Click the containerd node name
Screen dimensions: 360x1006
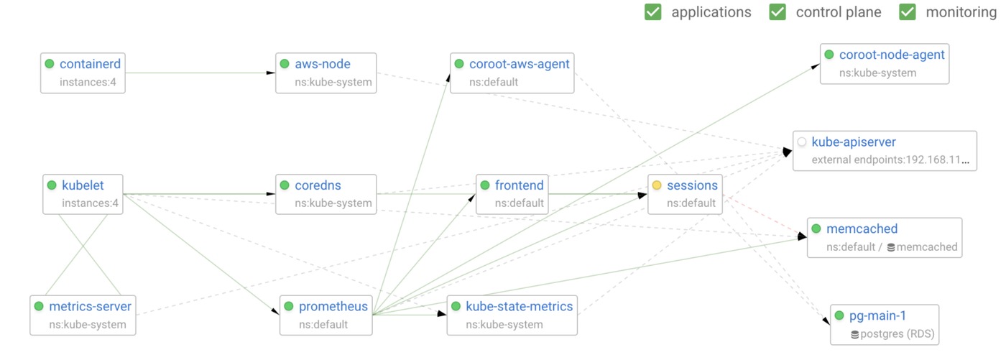pyautogui.click(x=90, y=64)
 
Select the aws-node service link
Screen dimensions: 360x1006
pyautogui.click(x=323, y=64)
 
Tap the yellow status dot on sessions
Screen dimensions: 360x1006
pyautogui.click(x=657, y=185)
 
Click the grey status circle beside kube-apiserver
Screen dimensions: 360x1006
pyautogui.click(x=802, y=142)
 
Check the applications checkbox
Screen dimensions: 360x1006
pyautogui.click(x=652, y=12)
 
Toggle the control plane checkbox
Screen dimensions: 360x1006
pyautogui.click(x=777, y=12)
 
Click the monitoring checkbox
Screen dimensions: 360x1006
pyautogui.click(x=908, y=12)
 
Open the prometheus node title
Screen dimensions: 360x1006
pyautogui.click(x=333, y=307)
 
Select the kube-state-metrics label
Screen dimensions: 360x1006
pyautogui.click(x=519, y=307)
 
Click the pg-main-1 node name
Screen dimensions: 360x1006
pyautogui.click(x=877, y=316)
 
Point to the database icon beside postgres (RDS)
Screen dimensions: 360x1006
pyautogui.click(x=854, y=334)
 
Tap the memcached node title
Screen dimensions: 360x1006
pyautogui.click(x=862, y=229)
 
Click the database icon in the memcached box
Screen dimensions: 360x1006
pyautogui.click(x=891, y=247)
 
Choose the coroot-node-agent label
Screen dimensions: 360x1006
pyautogui.click(x=891, y=55)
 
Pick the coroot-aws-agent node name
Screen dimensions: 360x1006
pyautogui.click(x=519, y=64)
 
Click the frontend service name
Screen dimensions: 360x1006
pyautogui.click(x=519, y=185)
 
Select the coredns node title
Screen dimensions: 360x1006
pyautogui.click(x=322, y=185)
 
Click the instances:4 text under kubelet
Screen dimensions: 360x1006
pyautogui.click(x=90, y=203)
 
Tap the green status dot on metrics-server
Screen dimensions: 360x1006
pyautogui.click(x=39, y=307)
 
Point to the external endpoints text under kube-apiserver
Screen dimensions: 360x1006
pyautogui.click(x=890, y=160)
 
